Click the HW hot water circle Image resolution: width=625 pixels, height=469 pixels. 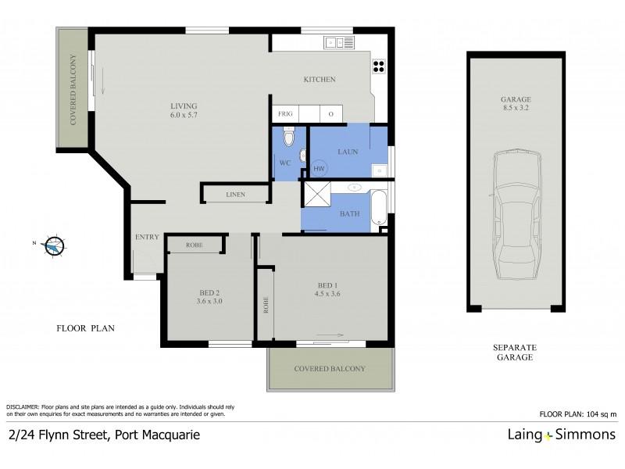319,168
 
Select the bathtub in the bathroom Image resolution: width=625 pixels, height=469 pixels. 378,204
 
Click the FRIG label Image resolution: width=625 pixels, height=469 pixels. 286,114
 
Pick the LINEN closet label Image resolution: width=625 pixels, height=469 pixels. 235,193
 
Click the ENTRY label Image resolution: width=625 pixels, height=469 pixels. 147,237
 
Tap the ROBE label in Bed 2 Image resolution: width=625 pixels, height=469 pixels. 195,245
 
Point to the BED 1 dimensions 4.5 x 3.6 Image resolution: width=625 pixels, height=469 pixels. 328,294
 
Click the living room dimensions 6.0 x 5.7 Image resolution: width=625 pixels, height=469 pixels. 184,115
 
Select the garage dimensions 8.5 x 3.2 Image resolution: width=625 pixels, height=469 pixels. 516,110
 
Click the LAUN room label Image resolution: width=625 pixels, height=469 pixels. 348,152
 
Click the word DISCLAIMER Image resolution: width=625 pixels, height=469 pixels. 24,407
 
